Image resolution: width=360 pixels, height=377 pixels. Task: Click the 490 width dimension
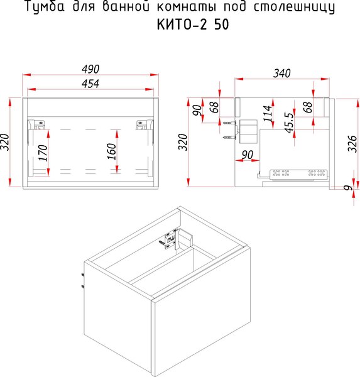point(90,68)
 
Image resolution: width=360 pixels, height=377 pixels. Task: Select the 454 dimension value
point(90,84)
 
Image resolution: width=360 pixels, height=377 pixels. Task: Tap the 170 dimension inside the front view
point(43,152)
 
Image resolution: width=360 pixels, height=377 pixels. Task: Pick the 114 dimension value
point(268,113)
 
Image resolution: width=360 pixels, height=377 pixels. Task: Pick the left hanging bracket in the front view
point(38,125)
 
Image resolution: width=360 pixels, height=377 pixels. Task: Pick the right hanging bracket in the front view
point(143,125)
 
